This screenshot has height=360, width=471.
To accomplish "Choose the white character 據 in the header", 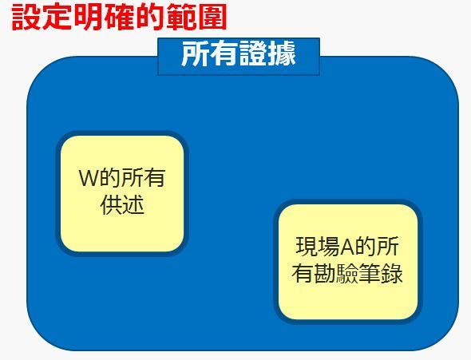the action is (282, 54).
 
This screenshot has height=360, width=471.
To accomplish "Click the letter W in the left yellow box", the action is (89, 178).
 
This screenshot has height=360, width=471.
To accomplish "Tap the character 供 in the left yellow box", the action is (111, 205).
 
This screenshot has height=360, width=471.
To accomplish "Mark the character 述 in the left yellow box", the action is (133, 205).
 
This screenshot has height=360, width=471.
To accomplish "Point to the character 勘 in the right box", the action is (324, 273).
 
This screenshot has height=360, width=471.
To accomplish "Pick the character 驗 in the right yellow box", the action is (346, 273).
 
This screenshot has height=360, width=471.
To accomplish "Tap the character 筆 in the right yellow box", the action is (369, 273).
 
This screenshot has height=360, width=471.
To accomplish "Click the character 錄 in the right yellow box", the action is (391, 273).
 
